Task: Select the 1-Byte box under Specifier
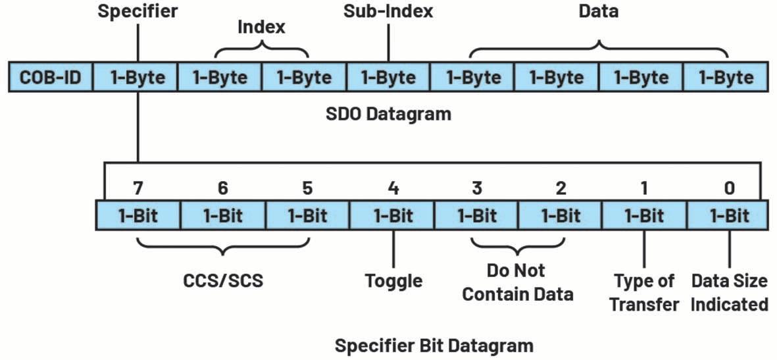point(136,78)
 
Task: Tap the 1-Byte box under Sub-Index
point(388,78)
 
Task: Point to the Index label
point(261,28)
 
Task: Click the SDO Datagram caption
point(388,114)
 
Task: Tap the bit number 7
point(138,188)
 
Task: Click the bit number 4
point(392,188)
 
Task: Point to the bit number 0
point(729,188)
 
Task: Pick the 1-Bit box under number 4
point(392,215)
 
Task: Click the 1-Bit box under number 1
point(644,215)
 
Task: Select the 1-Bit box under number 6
point(222,215)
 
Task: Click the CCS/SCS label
point(222,281)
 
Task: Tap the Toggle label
point(393,281)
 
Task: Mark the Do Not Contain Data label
point(517,282)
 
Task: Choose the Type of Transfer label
point(644,293)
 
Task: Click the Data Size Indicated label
point(729,293)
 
